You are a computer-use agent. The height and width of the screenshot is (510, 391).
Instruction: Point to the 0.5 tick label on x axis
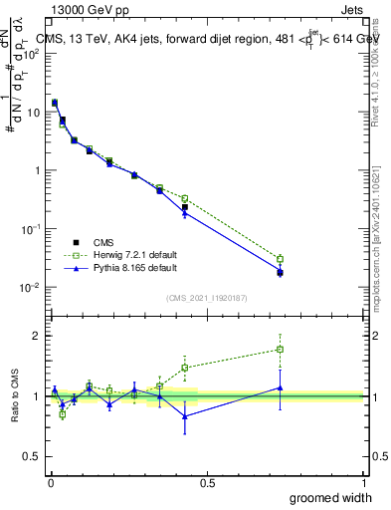[x=206, y=483]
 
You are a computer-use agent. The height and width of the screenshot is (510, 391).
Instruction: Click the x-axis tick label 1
[x=363, y=483]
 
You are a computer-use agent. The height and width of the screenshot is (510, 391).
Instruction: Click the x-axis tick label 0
[x=50, y=483]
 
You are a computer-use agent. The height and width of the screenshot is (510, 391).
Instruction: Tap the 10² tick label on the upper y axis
[x=33, y=54]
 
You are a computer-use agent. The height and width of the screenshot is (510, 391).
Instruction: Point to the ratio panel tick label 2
[x=40, y=336]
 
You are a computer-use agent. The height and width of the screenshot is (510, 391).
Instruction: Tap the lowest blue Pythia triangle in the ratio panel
[x=185, y=416]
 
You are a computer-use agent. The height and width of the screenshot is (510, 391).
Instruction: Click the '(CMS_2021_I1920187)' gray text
[x=206, y=298]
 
